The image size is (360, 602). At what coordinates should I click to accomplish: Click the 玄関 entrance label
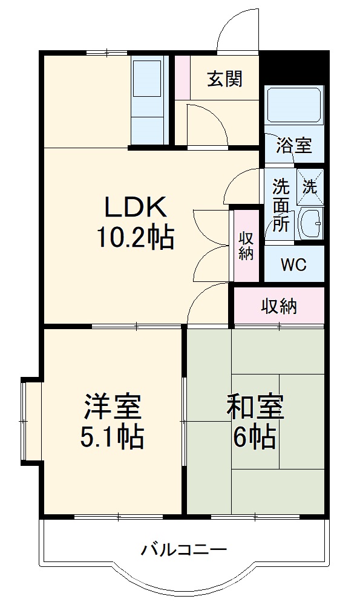(224, 79)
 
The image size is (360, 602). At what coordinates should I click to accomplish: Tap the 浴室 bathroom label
(294, 145)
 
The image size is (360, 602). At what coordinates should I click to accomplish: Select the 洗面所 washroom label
(280, 204)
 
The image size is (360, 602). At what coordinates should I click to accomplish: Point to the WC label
(294, 264)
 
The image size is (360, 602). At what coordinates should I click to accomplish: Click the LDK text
(136, 208)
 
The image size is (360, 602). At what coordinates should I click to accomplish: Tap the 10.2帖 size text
(136, 237)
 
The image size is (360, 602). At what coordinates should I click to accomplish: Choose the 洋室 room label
(113, 407)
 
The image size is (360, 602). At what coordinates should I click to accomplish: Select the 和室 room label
(255, 407)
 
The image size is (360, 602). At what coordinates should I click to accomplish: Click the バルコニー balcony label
(184, 550)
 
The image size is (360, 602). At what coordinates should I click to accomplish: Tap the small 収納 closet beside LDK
(246, 246)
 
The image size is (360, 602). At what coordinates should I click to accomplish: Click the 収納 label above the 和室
(279, 306)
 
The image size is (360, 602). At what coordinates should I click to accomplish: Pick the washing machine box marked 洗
(310, 187)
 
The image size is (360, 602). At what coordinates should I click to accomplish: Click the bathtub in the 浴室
(293, 106)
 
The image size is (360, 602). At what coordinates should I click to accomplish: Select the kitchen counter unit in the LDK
(149, 100)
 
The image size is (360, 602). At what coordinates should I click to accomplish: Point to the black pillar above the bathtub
(295, 69)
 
